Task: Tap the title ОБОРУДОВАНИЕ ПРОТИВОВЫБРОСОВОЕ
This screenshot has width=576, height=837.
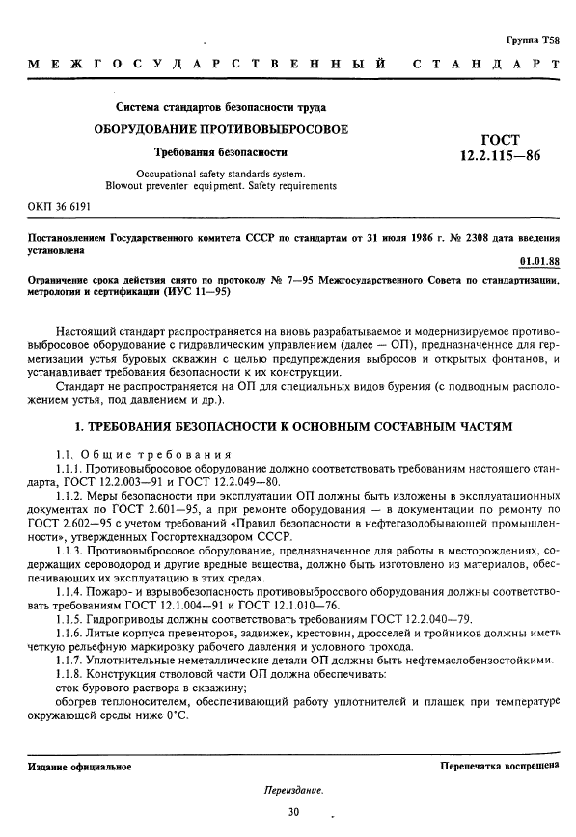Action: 221,129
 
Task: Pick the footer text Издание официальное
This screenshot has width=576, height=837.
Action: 73,767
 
